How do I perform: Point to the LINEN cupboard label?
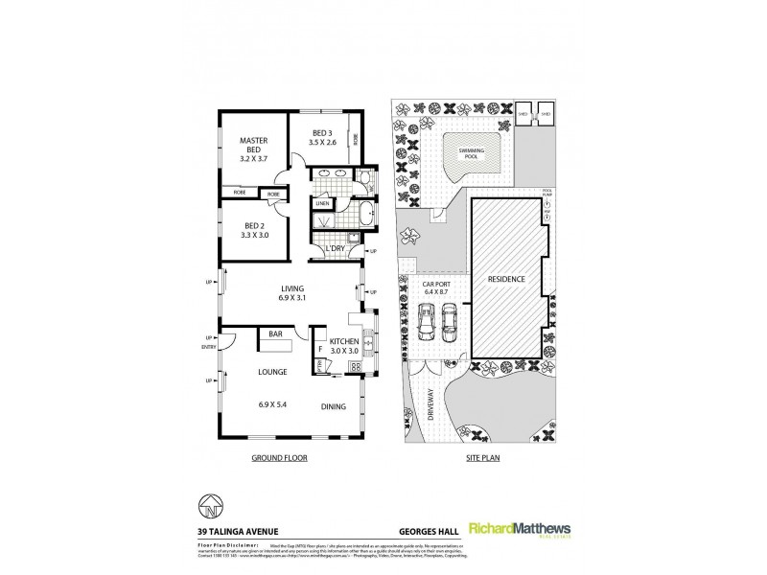point(322,204)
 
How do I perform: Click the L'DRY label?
point(335,249)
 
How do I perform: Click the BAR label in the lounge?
point(275,335)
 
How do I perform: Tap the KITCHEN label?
point(343,341)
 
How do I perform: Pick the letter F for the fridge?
point(321,350)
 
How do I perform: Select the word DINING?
point(333,405)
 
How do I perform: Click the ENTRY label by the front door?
point(207,348)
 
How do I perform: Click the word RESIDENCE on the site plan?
point(506,280)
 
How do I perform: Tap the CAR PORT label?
point(437,285)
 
